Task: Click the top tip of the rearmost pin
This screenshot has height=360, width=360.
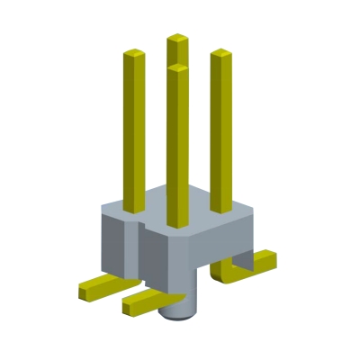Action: (177, 39)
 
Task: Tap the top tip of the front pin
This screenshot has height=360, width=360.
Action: (177, 67)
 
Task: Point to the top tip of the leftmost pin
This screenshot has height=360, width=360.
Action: (133, 56)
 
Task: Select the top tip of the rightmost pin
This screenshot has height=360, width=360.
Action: (222, 54)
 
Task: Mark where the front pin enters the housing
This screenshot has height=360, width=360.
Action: (177, 224)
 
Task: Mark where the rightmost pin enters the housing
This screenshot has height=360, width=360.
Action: (221, 210)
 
